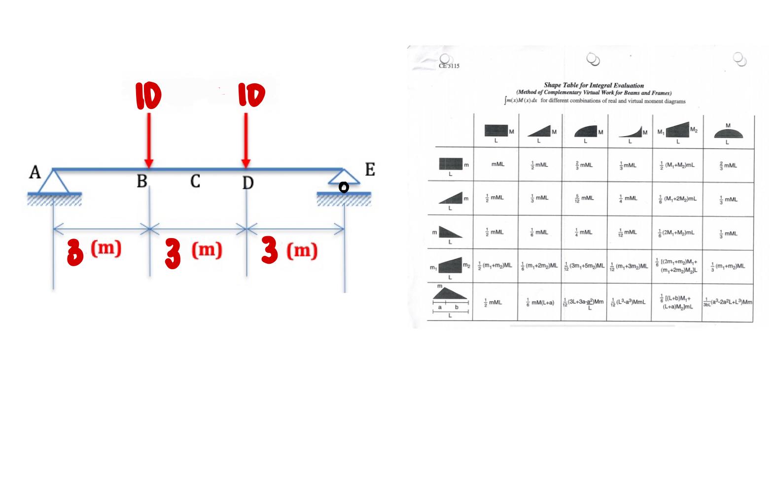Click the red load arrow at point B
[148, 141]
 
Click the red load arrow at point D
[246, 141]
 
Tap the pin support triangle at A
[54, 181]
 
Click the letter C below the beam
[195, 181]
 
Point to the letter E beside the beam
[370, 170]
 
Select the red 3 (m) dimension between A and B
[94, 251]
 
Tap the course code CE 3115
[449, 66]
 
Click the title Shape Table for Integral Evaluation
[594, 85]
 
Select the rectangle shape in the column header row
[496, 131]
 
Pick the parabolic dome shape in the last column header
[728, 132]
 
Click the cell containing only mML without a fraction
[498, 165]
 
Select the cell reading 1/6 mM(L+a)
[540, 302]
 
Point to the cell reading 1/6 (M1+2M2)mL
[678, 199]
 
